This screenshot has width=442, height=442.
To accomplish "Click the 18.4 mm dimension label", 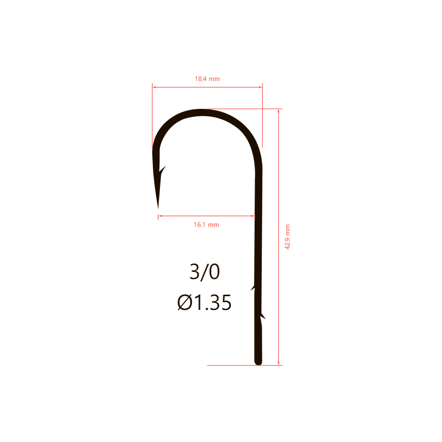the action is [x=207, y=79].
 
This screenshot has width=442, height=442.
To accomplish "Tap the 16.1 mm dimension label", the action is [x=207, y=225].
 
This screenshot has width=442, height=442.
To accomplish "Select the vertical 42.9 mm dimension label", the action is [x=287, y=237].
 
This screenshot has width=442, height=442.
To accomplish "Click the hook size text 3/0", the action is [x=205, y=272].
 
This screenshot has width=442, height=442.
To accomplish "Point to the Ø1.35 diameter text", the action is [x=205, y=302].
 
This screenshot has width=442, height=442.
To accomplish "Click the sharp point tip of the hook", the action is [x=158, y=208].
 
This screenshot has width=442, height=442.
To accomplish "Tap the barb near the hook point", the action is [x=163, y=170].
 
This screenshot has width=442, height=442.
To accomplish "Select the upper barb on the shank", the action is [x=253, y=288].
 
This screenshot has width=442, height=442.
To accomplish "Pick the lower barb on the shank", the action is [x=263, y=316].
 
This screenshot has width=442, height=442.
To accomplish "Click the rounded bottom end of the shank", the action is [x=258, y=363].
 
